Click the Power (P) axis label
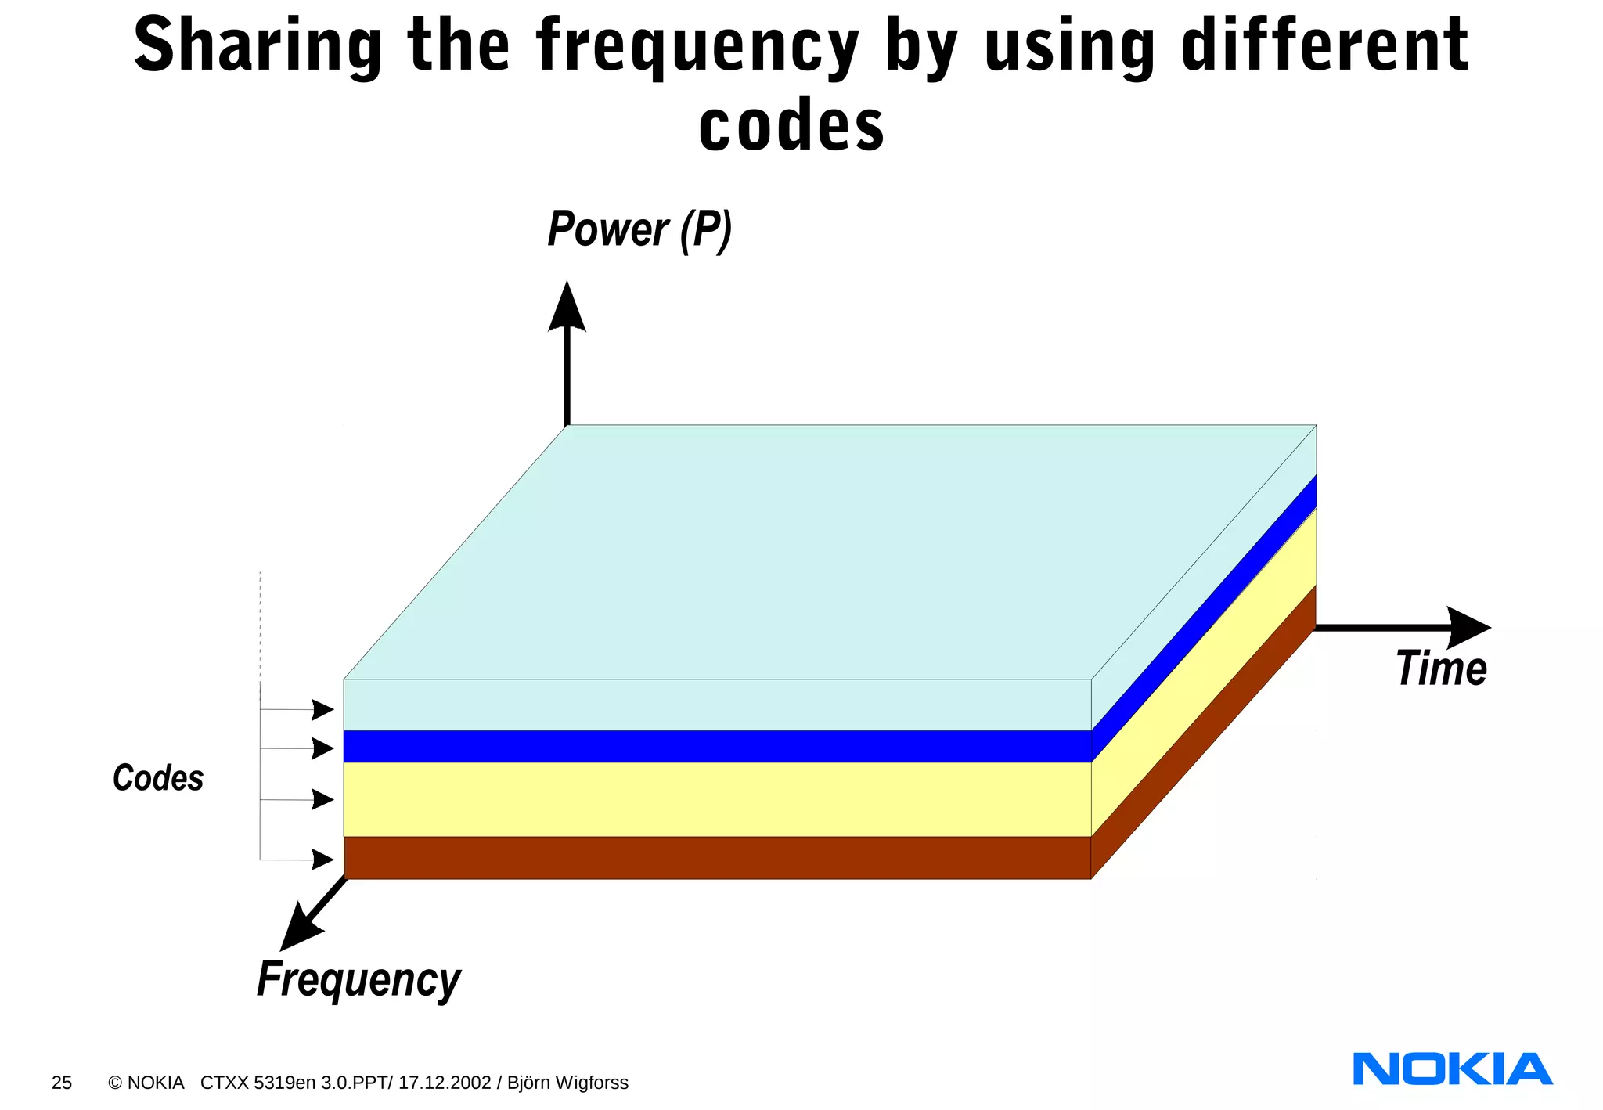click(639, 230)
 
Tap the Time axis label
click(1441, 669)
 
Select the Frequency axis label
click(358, 979)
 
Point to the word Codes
click(158, 778)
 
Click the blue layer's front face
click(717, 747)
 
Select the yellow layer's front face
click(717, 799)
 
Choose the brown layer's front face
click(717, 858)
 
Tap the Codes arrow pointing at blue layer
click(322, 748)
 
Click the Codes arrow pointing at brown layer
click(322, 860)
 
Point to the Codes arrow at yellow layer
click(322, 799)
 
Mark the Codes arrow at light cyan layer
click(322, 710)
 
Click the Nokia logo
click(1452, 1069)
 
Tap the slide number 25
click(62, 1083)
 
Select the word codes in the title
click(791, 127)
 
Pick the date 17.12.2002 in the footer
click(445, 1083)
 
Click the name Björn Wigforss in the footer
click(567, 1083)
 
